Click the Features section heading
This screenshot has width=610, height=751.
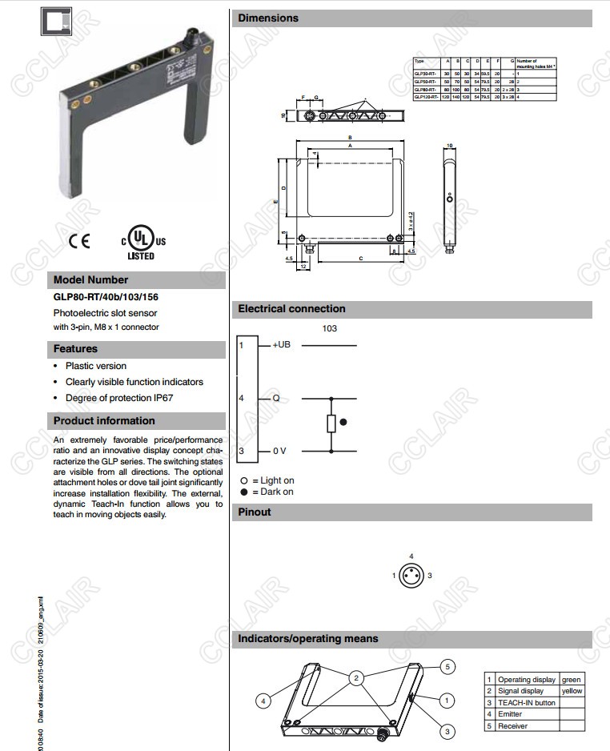coord(75,349)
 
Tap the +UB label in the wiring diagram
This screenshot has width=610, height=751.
coord(282,345)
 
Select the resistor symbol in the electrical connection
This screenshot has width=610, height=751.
coord(331,423)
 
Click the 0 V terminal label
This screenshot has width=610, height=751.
coord(279,452)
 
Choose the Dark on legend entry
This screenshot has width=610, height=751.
coord(268,492)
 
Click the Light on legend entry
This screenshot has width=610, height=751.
coord(268,480)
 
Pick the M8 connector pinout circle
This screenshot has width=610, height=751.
coord(411,576)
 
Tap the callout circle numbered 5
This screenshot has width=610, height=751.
coord(448,666)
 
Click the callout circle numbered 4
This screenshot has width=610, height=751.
coord(262,701)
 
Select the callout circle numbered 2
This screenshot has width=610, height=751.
coord(355,678)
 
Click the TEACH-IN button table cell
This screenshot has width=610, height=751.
coord(526,703)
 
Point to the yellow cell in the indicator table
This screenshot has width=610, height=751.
coord(572,691)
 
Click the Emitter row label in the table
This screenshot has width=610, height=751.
coord(510,714)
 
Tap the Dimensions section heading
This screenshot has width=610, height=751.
coord(268,18)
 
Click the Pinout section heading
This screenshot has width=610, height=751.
coord(255,512)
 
